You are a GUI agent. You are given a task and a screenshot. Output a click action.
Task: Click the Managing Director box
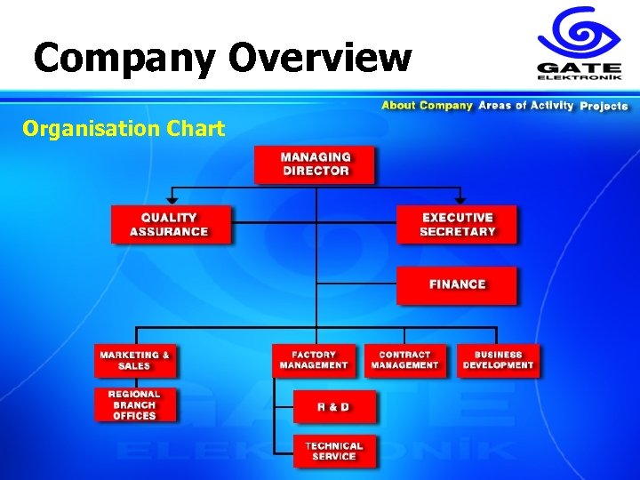(315, 164)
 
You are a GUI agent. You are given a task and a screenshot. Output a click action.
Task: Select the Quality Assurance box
(170, 224)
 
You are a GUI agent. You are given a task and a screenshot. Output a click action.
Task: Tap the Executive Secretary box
(457, 224)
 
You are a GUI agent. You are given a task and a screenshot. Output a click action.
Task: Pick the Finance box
(457, 284)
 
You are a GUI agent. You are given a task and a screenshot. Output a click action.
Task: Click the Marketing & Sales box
(135, 360)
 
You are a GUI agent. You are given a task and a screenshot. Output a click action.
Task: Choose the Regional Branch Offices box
(135, 404)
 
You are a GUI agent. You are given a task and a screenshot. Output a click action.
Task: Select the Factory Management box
(314, 360)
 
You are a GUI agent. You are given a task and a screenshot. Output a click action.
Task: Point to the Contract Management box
(405, 360)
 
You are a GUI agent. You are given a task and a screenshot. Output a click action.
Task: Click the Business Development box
(498, 360)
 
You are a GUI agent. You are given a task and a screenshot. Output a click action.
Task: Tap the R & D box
(334, 407)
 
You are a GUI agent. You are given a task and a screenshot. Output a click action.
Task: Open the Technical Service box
(334, 452)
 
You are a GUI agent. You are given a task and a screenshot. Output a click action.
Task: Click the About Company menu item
(427, 106)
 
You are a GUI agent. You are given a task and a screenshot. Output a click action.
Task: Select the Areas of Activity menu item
(526, 106)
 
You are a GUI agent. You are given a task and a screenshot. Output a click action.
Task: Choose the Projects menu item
(604, 106)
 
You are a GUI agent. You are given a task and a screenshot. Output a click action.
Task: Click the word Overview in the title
(320, 58)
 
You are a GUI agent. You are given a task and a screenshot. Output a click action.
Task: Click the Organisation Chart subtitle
(124, 129)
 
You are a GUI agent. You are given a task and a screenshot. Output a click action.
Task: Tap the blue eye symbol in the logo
(580, 33)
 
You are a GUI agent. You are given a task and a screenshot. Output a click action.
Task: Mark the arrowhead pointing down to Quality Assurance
(172, 199)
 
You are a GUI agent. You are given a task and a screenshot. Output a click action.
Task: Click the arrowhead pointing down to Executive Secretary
(460, 199)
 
